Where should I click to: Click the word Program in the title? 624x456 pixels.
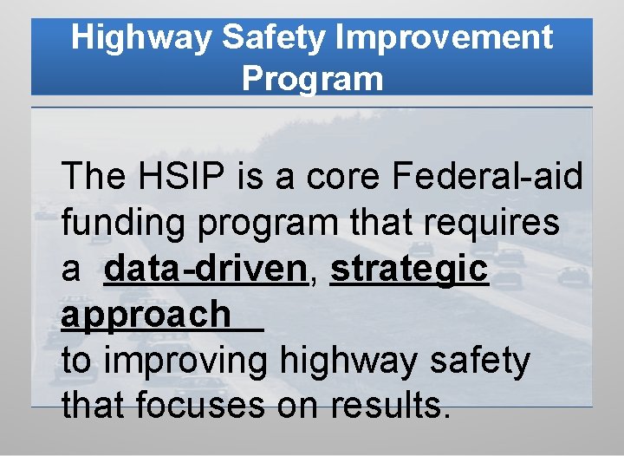(312, 79)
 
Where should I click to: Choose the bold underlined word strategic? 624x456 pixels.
(409, 270)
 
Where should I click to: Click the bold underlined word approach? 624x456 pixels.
(146, 316)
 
